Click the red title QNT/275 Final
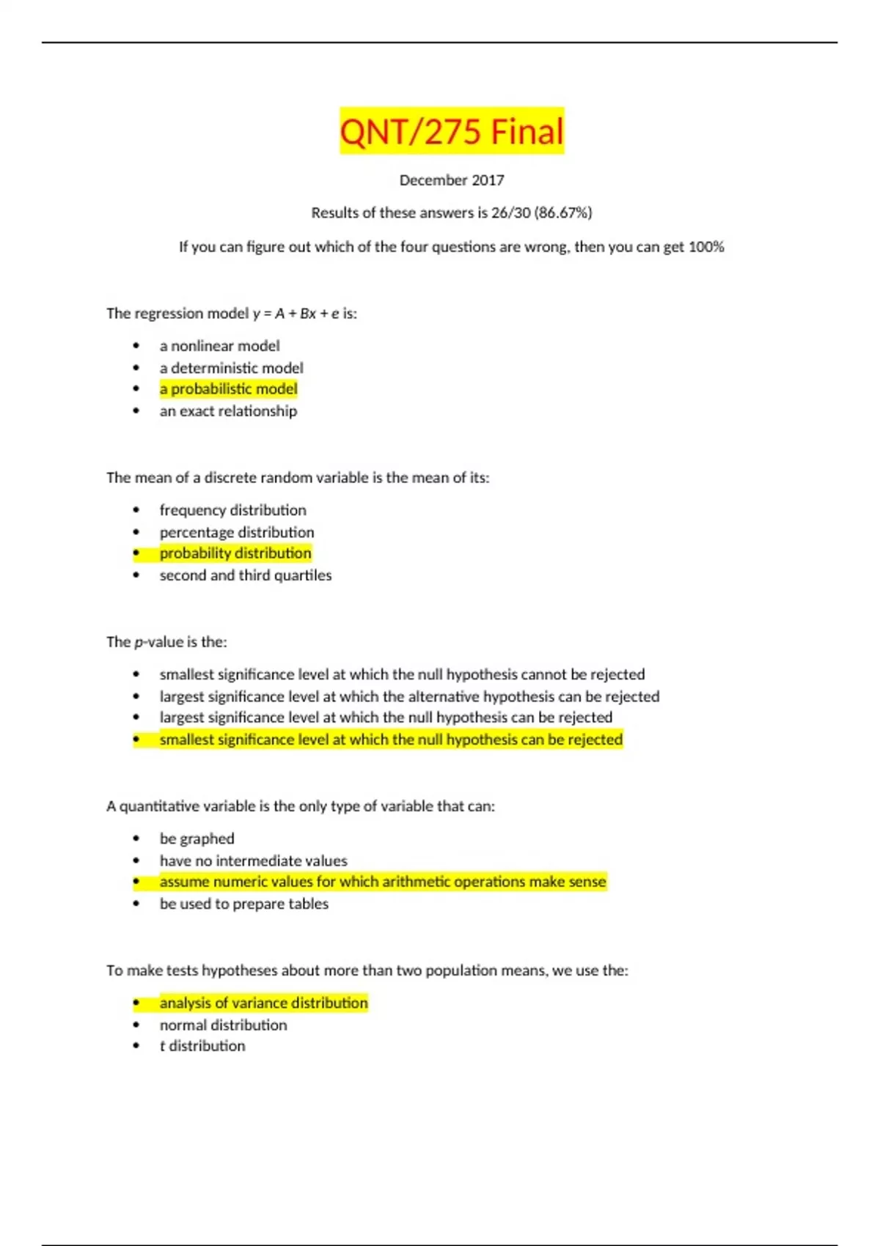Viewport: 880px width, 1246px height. point(452,132)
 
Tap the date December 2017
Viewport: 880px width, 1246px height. point(452,180)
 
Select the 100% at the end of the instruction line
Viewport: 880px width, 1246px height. point(706,247)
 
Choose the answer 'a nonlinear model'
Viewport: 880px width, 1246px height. point(219,346)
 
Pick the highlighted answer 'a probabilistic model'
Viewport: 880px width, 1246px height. point(228,389)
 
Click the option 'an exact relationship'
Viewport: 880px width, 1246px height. point(228,411)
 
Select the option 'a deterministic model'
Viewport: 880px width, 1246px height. point(231,368)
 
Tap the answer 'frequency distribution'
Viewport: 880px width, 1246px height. point(232,510)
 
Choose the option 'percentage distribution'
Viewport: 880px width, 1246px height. point(236,532)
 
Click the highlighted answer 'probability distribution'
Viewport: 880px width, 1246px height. point(235,553)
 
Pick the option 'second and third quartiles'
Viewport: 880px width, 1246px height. point(245,575)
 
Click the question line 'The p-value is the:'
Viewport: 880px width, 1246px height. point(166,642)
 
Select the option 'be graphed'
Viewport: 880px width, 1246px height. point(197,838)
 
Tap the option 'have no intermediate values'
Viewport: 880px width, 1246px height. point(253,860)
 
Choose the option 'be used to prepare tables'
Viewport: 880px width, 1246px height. point(243,904)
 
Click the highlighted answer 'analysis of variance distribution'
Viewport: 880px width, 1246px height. point(263,1003)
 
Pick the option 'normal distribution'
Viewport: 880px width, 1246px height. point(223,1025)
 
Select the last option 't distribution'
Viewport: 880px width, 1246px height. point(202,1046)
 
